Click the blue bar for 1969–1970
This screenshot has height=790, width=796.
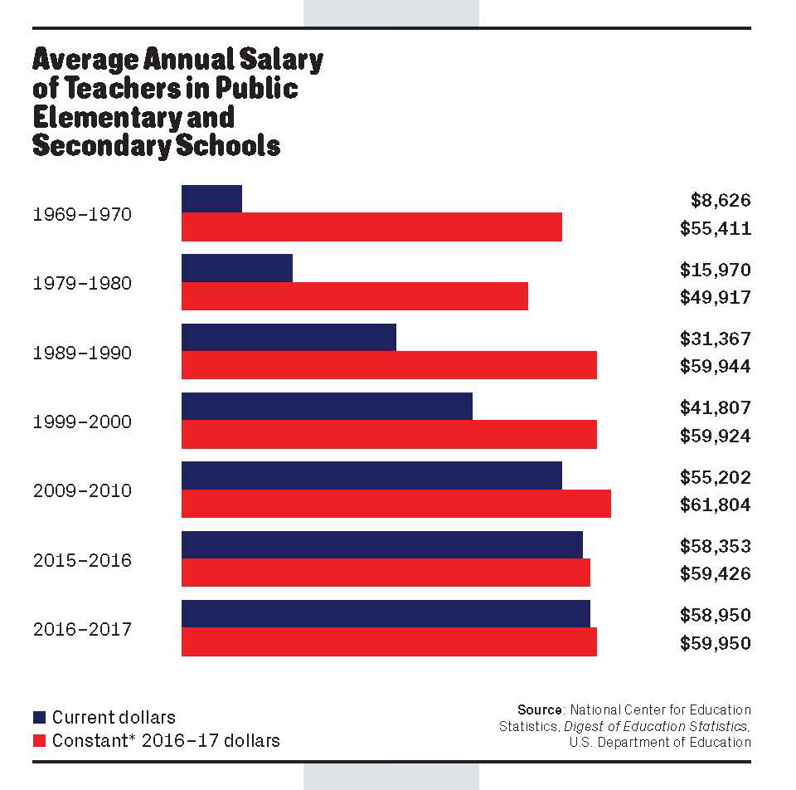coord(211,199)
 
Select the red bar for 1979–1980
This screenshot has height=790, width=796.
coord(355,296)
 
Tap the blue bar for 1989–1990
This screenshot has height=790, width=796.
coord(289,337)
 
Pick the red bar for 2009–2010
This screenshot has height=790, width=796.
coord(396,504)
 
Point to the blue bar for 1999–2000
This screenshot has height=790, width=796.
coord(327,406)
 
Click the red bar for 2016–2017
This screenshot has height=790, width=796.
coord(389,642)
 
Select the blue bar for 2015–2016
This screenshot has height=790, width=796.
coord(381,544)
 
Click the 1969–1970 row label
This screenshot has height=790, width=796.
coord(82,215)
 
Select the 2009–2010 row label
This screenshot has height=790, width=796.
coord(82,491)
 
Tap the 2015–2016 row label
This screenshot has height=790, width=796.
coord(82,561)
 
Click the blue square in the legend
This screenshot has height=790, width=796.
coord(39,718)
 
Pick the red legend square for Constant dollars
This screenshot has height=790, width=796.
coord(39,740)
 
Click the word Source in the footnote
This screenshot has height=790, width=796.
coord(540,710)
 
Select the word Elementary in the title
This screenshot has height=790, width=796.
coord(97,116)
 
